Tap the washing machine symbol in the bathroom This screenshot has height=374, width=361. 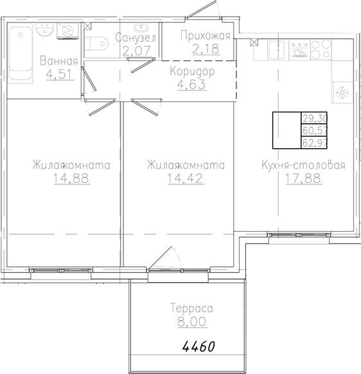[x=67, y=31]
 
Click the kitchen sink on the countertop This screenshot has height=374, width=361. [x=277, y=49]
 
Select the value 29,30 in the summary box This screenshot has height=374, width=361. [x=313, y=118]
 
